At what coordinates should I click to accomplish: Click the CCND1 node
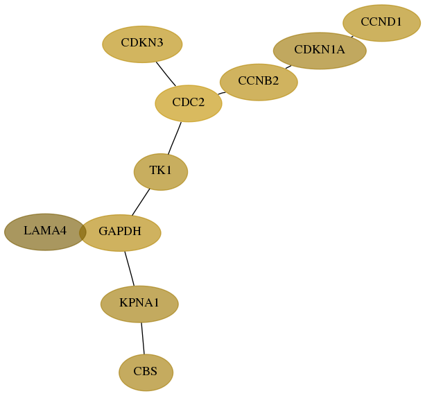(381, 23)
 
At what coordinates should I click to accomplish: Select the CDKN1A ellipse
(320, 51)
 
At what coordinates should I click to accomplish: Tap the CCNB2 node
(259, 82)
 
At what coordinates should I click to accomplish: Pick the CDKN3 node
(142, 44)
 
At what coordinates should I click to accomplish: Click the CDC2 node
(189, 103)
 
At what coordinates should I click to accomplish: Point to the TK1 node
(161, 172)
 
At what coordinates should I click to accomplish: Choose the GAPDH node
(120, 233)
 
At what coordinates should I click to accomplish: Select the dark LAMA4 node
(45, 232)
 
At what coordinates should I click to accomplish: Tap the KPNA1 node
(139, 304)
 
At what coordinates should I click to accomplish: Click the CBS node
(146, 372)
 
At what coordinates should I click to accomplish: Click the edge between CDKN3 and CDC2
(166, 74)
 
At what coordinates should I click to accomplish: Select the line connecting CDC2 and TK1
(175, 138)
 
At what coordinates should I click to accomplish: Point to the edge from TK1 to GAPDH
(141, 203)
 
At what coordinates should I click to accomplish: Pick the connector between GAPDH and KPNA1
(129, 268)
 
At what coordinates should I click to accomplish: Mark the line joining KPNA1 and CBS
(143, 338)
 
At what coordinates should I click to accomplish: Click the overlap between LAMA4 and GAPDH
(83, 232)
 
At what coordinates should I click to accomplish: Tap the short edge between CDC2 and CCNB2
(222, 93)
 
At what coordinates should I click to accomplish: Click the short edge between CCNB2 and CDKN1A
(288, 67)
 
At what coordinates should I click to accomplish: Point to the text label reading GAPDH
(120, 231)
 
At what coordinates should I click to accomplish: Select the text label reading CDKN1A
(320, 50)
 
